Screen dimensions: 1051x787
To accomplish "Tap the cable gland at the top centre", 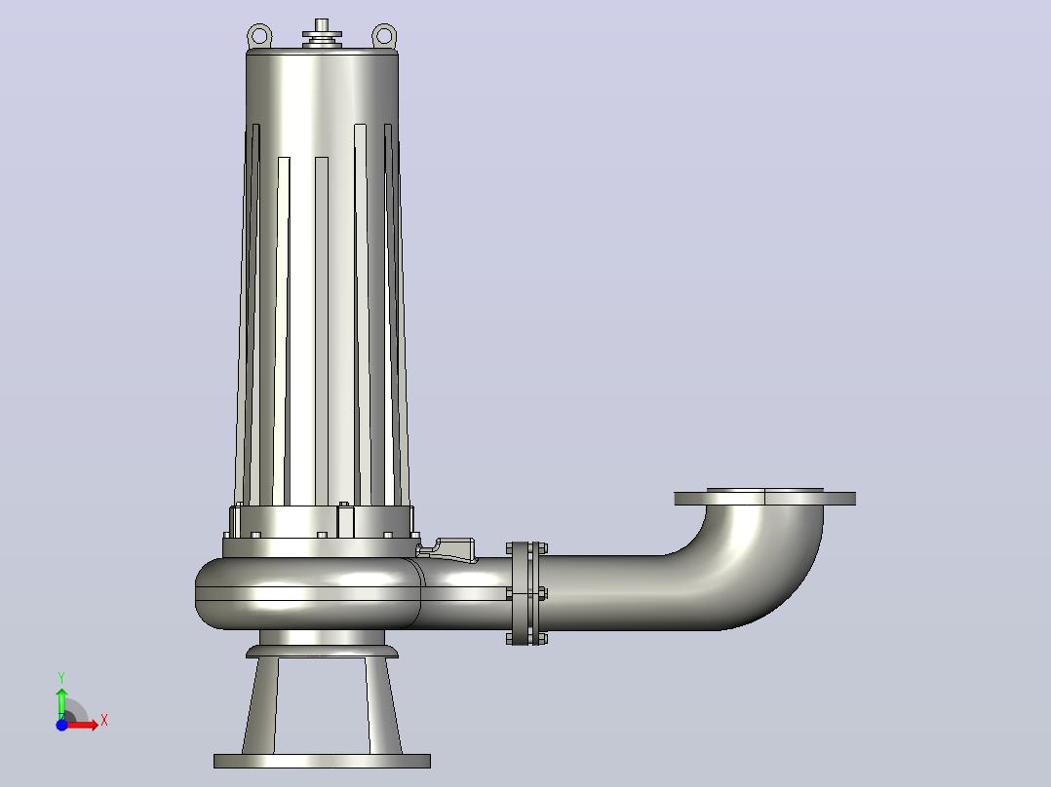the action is (322, 33).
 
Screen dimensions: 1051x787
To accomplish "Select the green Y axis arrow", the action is (61, 702).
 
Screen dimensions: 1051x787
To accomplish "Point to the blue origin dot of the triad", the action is (61, 725).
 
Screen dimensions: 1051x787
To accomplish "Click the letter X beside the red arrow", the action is (104, 721).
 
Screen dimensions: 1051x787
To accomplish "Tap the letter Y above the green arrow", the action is (61, 678).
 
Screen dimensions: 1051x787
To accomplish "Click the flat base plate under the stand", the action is (322, 761).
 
